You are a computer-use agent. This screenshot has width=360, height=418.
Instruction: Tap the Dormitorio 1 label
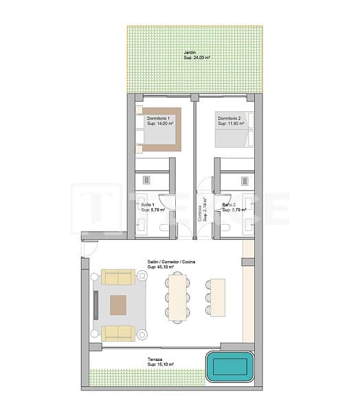pos(159,121)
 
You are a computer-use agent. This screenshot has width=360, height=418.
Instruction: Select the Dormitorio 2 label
pos(231,121)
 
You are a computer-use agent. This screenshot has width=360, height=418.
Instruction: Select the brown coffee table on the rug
pos(119,305)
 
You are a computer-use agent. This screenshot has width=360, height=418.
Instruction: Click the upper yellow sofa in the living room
pos(119,276)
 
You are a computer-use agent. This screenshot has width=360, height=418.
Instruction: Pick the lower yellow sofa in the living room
pos(119,333)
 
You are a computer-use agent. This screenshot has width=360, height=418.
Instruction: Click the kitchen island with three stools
pos(216,296)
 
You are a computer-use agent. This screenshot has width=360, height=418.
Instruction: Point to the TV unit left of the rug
pos(97,303)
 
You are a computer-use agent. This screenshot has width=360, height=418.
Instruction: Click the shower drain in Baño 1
pos(146,179)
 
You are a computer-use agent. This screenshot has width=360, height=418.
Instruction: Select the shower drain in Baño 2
pos(243,179)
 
